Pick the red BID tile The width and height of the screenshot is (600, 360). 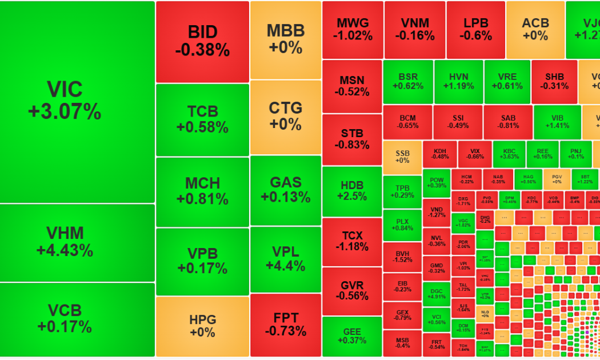(202, 42)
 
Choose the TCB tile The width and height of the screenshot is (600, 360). (202, 119)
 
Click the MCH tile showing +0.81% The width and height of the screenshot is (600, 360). (202, 191)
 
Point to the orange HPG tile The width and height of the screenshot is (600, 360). (202, 326)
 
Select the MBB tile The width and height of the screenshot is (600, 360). (286, 39)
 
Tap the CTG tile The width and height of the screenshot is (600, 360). (286, 115)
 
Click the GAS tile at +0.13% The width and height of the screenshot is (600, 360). (286, 190)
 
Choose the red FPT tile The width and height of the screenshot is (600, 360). (286, 325)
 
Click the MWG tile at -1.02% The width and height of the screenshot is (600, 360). (353, 29)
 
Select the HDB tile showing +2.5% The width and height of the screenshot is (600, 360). (352, 191)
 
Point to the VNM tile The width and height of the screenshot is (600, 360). (414, 29)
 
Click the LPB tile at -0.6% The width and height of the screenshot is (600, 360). (475, 29)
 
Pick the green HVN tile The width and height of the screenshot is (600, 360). (458, 82)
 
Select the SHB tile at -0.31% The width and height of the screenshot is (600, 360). (554, 82)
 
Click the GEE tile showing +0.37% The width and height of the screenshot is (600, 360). (352, 337)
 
